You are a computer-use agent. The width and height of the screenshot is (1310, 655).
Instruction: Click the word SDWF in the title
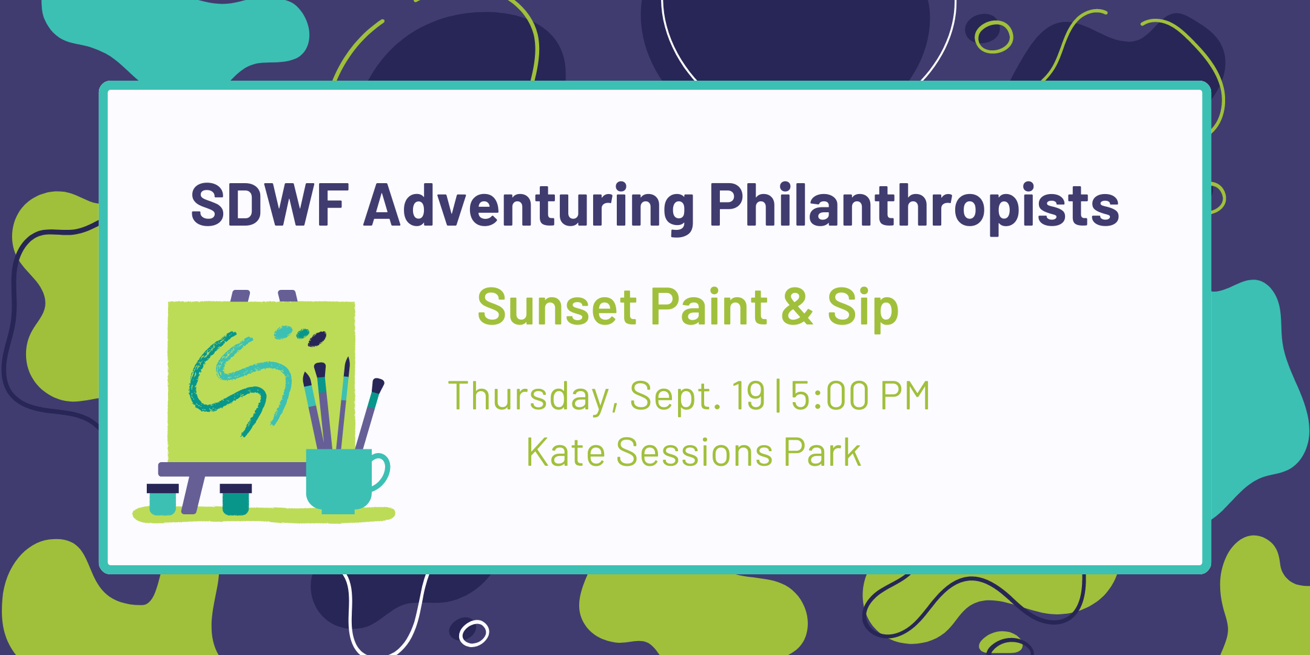click(270, 205)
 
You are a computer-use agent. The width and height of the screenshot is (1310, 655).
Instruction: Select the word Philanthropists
click(914, 206)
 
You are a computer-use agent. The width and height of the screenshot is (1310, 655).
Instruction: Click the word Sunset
click(556, 307)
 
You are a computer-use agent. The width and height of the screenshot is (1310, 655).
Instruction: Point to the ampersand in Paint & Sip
click(797, 307)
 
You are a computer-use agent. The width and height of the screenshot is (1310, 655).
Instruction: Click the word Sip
click(863, 309)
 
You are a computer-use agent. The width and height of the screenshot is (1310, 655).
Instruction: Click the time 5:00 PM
click(860, 395)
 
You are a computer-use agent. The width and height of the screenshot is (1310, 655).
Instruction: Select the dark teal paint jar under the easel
click(235, 500)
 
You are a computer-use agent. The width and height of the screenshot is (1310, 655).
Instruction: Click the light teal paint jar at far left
click(163, 500)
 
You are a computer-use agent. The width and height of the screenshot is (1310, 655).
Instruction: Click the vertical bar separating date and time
click(778, 396)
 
